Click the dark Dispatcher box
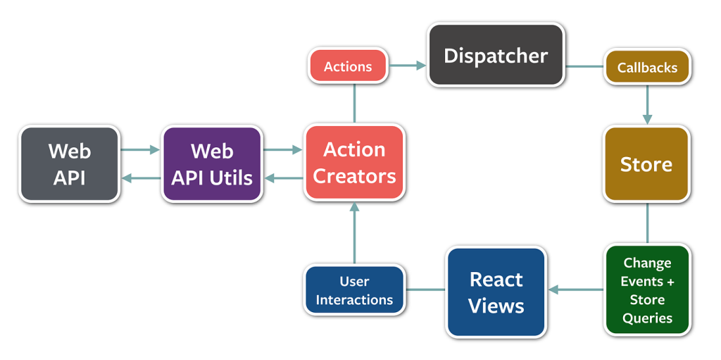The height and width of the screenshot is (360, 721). (x=496, y=56)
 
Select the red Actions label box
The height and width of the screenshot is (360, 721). (x=348, y=67)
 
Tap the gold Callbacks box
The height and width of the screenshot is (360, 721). (x=646, y=68)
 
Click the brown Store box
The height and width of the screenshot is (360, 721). (x=646, y=164)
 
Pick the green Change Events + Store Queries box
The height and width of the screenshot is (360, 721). (x=646, y=290)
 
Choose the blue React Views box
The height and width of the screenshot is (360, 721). (x=496, y=292)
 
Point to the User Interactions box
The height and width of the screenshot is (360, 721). (x=354, y=290)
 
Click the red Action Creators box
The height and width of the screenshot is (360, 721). (x=354, y=163)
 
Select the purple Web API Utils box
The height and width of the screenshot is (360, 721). (x=212, y=164)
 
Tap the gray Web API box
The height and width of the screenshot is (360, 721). (x=69, y=164)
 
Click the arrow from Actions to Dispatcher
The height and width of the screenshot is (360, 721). (x=408, y=66)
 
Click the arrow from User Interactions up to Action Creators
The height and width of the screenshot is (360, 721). (x=354, y=232)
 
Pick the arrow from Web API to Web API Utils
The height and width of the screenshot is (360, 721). (x=141, y=149)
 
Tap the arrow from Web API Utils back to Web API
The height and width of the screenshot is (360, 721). (x=141, y=178)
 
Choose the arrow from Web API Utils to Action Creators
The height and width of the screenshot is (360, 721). (x=283, y=149)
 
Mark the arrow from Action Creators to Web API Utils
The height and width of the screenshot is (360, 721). (x=283, y=178)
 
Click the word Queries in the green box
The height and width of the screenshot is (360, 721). (x=646, y=318)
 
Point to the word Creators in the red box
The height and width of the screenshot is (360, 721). (x=354, y=176)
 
